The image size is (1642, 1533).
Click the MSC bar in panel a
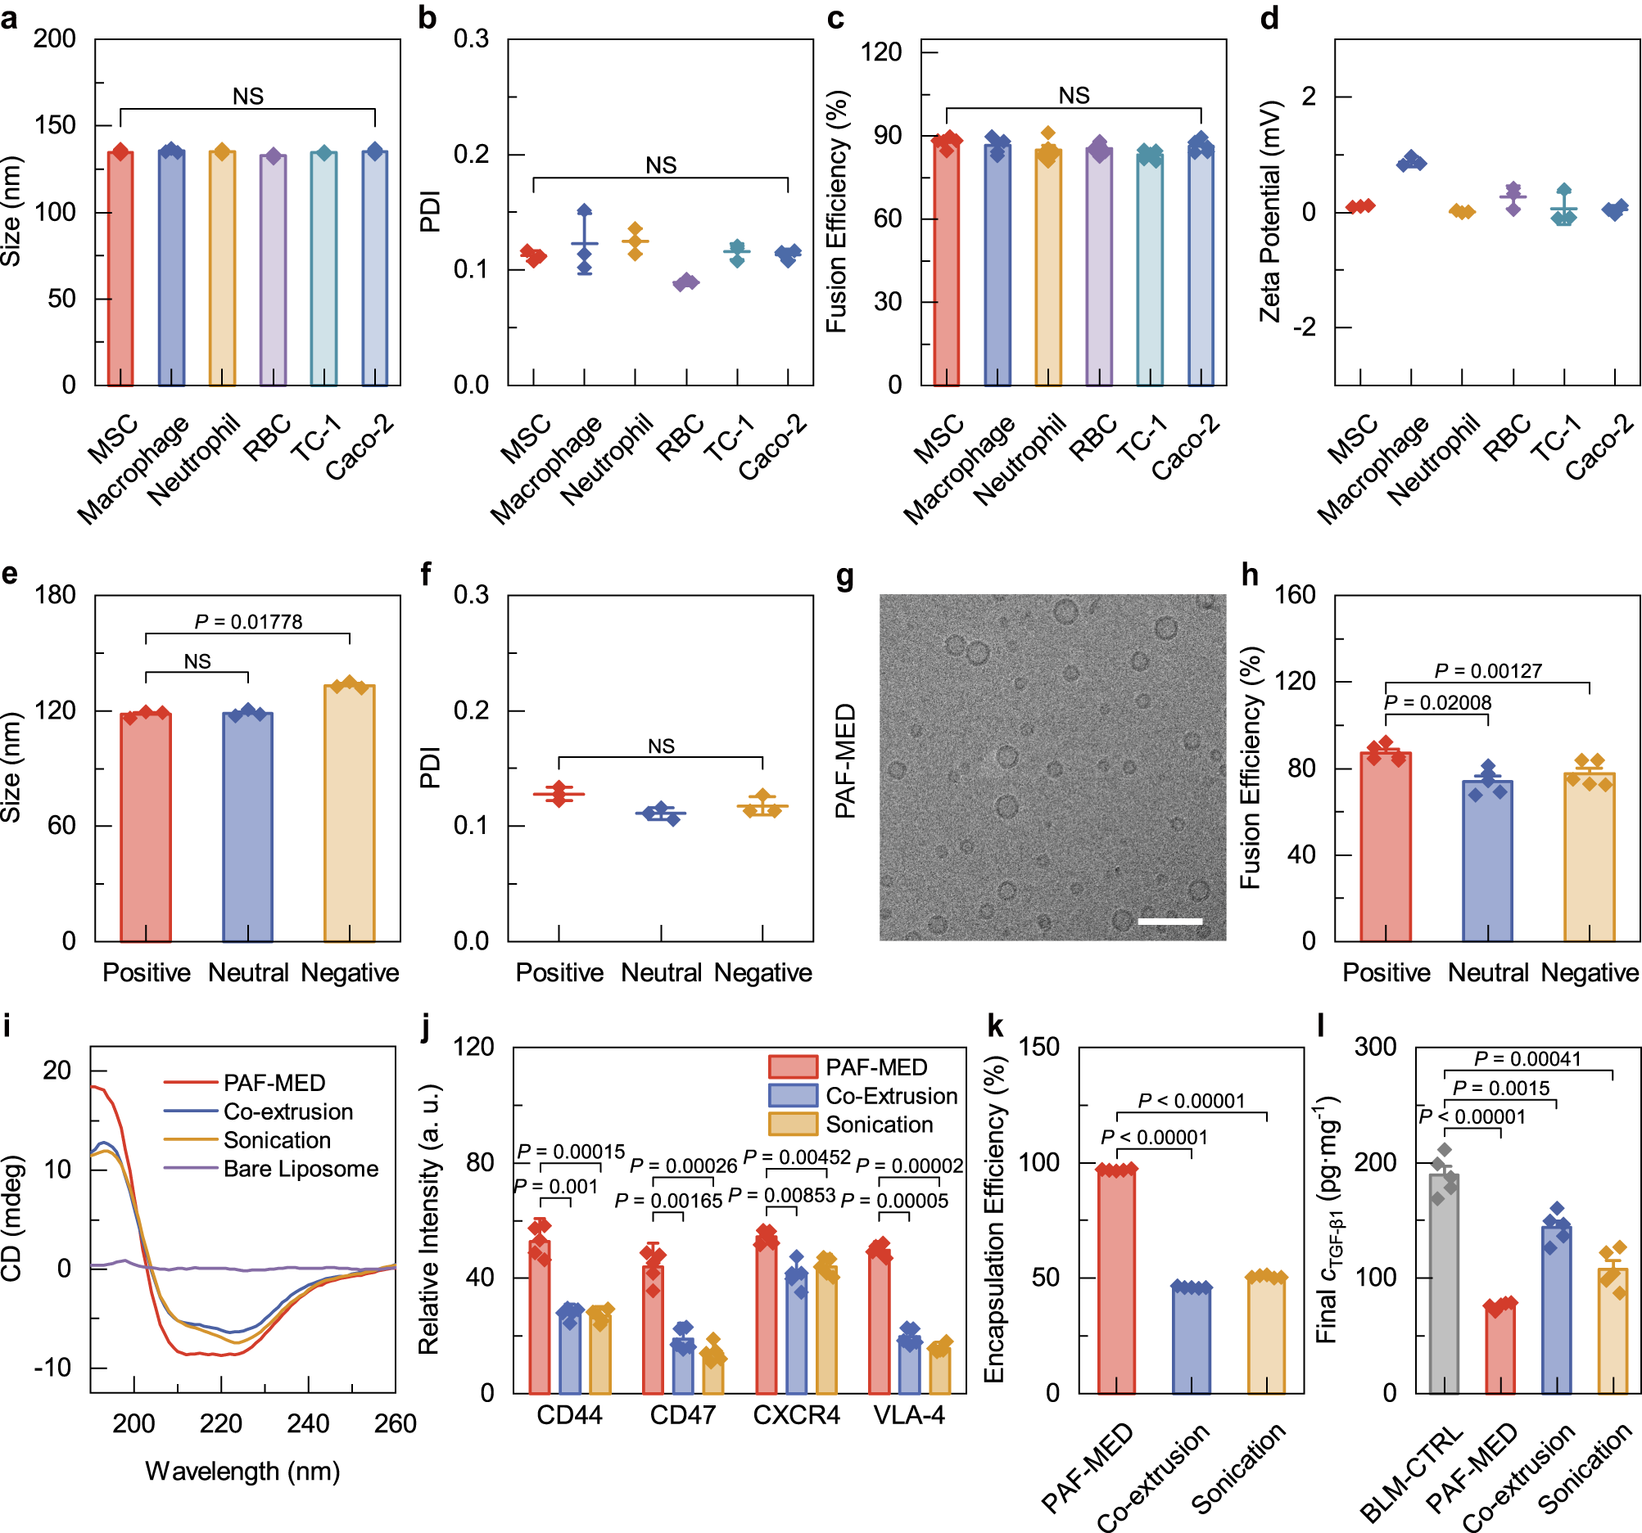(x=120, y=268)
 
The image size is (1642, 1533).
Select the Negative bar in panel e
(x=350, y=813)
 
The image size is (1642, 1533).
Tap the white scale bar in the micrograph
(x=1169, y=921)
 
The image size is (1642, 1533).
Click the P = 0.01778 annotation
(x=249, y=621)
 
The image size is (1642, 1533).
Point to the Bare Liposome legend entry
(x=301, y=1169)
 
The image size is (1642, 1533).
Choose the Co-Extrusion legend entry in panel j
(x=891, y=1096)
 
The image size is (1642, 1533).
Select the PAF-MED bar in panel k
(x=1117, y=1279)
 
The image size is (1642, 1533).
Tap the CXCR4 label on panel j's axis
(x=796, y=1415)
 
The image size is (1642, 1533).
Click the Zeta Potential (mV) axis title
(x=1269, y=211)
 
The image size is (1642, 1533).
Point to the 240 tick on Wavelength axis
(x=308, y=1423)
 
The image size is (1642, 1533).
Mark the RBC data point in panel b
(x=685, y=282)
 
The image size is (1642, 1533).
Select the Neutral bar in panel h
(x=1487, y=860)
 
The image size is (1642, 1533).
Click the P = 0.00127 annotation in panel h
(x=1487, y=671)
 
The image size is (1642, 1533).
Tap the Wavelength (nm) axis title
(x=243, y=1471)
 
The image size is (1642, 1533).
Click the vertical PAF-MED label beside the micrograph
(x=845, y=761)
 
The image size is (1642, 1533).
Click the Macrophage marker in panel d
(x=1411, y=162)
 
